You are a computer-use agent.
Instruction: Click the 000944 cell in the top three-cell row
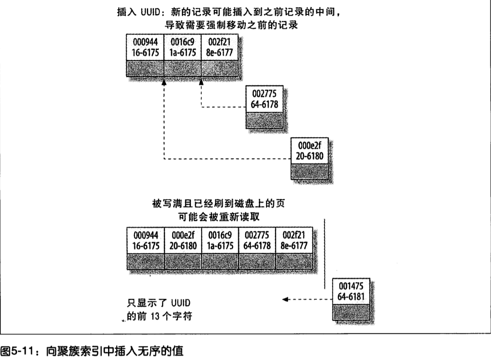click(145, 46)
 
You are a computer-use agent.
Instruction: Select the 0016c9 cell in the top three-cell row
click(183, 46)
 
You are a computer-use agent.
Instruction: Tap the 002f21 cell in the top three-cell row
click(219, 46)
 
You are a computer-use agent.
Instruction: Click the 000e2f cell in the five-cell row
click(183, 241)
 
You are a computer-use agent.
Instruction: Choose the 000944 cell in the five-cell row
click(146, 241)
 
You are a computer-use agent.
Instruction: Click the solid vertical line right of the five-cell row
click(324, 254)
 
